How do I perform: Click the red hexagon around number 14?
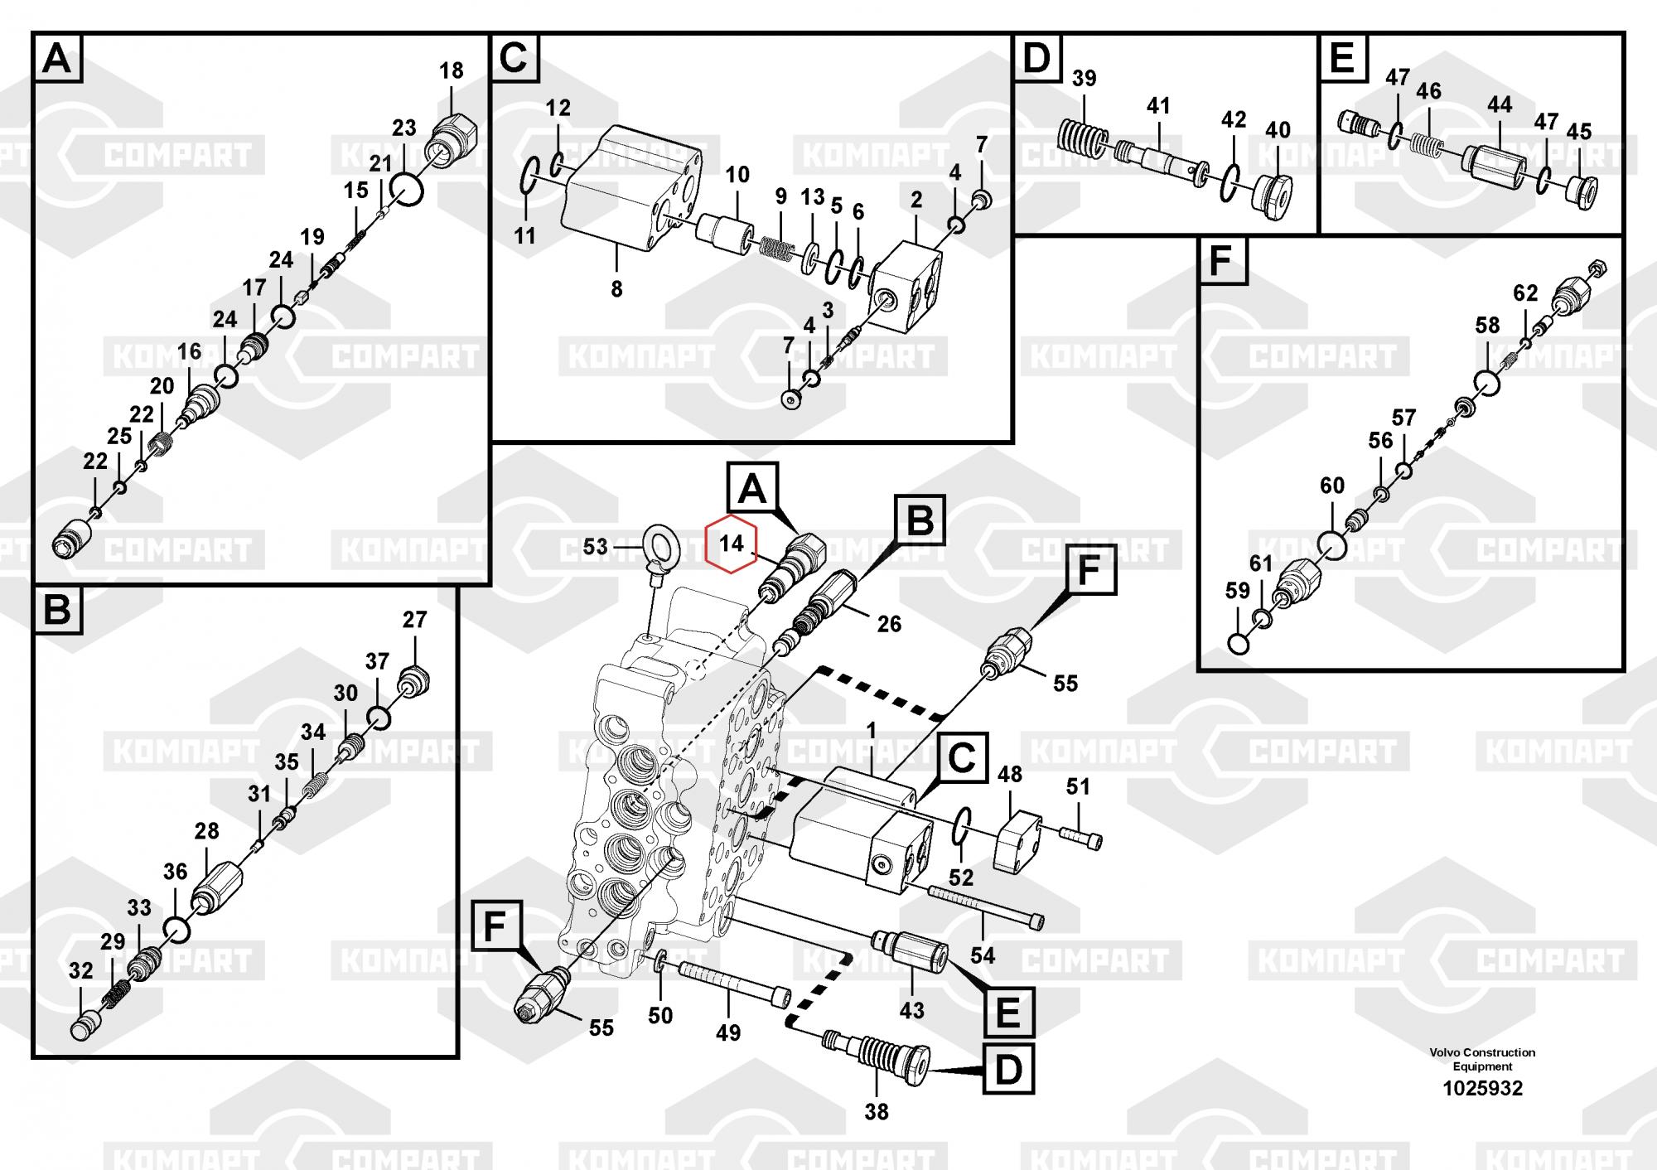coord(730,544)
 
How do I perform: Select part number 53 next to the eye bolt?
coord(595,546)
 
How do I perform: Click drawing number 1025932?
coord(1482,1088)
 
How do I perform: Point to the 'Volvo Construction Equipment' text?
coord(1482,1059)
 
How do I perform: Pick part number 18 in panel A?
coord(451,70)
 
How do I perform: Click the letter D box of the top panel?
coord(1036,58)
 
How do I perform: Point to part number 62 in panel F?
coord(1525,292)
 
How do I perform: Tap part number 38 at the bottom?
coord(876,1112)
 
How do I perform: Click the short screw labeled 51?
coord(1081,838)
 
